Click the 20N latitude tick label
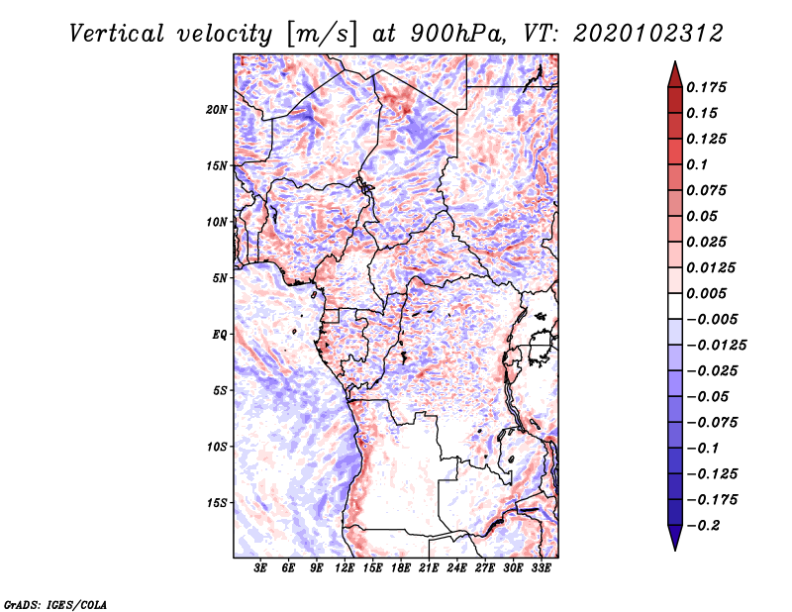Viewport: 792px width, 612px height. click(x=217, y=109)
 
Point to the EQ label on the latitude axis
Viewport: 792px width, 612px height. click(x=220, y=334)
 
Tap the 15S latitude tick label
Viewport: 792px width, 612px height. click(x=217, y=502)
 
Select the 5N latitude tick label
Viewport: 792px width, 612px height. click(x=220, y=277)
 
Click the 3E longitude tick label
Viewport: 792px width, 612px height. click(x=261, y=568)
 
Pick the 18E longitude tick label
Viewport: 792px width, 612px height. click(x=401, y=568)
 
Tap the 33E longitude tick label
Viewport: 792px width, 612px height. click(x=540, y=568)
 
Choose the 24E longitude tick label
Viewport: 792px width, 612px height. click(x=456, y=568)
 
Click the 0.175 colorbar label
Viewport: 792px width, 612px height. click(x=707, y=87)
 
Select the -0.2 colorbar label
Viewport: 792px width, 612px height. click(x=707, y=526)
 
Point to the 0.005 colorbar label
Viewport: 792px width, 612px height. click(x=707, y=293)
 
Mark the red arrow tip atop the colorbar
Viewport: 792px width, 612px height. click(x=674, y=65)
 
